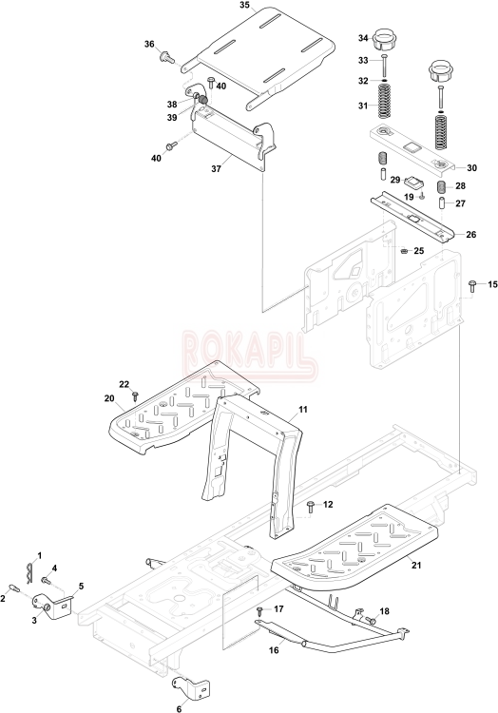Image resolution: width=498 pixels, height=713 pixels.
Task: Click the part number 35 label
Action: point(244,5)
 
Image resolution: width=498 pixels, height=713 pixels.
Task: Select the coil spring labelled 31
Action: point(385,103)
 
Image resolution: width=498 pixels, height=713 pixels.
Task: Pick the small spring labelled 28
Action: point(441,187)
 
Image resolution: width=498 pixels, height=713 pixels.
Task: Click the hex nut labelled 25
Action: point(403,251)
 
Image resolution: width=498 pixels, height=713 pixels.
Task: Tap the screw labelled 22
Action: point(135,395)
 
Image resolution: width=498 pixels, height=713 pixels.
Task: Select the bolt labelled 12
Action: point(312,506)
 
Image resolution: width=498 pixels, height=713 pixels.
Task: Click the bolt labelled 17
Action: point(260,610)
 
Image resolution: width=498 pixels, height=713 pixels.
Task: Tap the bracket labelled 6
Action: point(191,686)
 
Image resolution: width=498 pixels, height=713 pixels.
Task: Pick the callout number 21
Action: point(416,566)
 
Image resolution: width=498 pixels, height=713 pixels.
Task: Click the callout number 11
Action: point(302,410)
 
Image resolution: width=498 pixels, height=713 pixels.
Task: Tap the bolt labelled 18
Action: point(371,620)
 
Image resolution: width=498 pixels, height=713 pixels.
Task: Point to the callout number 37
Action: point(217,168)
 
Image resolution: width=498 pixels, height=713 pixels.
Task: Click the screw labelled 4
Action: point(46,580)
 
